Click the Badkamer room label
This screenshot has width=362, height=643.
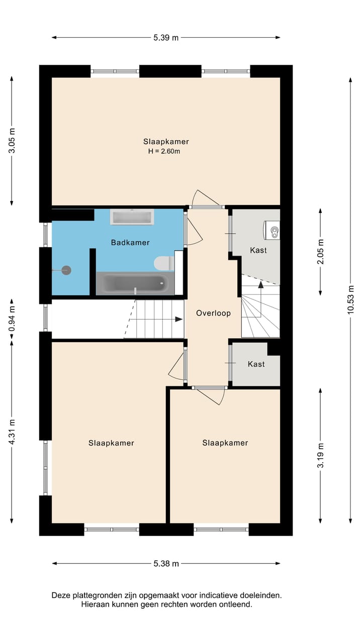(130, 243)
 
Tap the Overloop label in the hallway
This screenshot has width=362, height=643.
(213, 313)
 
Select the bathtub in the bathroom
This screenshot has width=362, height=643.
(135, 284)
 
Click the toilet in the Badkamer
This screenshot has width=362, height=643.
(164, 263)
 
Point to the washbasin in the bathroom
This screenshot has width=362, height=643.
(132, 217)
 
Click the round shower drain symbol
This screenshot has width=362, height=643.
(67, 270)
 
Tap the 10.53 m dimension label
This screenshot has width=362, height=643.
(350, 300)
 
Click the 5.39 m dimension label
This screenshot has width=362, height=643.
(166, 38)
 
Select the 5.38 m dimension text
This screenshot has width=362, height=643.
(166, 564)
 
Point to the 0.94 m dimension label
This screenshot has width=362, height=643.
(12, 318)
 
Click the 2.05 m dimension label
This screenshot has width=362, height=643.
(320, 252)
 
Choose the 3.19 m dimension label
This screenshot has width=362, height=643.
(320, 456)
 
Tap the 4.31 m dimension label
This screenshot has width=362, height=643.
(12, 432)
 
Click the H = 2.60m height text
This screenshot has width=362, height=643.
(164, 151)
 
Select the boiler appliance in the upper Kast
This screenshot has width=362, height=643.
(271, 230)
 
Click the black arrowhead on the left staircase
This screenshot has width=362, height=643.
(179, 319)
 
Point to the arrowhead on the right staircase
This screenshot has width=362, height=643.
(260, 285)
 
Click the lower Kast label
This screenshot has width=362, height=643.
(256, 364)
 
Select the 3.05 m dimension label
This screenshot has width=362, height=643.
(12, 141)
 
